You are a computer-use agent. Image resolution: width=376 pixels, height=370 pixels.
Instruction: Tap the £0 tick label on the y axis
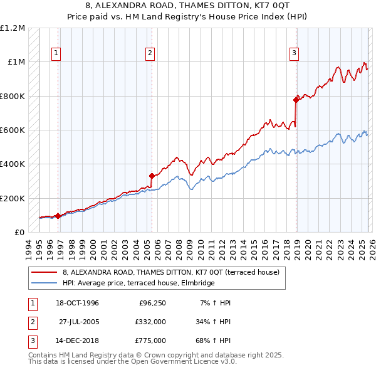pos(19,233)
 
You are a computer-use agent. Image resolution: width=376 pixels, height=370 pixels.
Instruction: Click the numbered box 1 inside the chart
pos(56,54)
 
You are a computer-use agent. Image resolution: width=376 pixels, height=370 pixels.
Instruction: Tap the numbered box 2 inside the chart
pos(150,54)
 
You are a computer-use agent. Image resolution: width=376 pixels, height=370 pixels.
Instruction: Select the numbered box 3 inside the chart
pos(294,54)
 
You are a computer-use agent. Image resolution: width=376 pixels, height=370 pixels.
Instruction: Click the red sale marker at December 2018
pos(296,100)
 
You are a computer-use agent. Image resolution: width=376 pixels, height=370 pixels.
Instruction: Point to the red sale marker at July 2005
pos(152,176)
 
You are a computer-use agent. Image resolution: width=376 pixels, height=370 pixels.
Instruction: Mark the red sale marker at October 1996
pos(58,216)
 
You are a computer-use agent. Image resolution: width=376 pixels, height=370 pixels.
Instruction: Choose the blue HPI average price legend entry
pos(138,283)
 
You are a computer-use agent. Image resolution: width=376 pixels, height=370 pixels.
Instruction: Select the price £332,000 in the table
pos(150,322)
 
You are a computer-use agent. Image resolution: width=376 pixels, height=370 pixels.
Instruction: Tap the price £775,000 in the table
pos(150,341)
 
